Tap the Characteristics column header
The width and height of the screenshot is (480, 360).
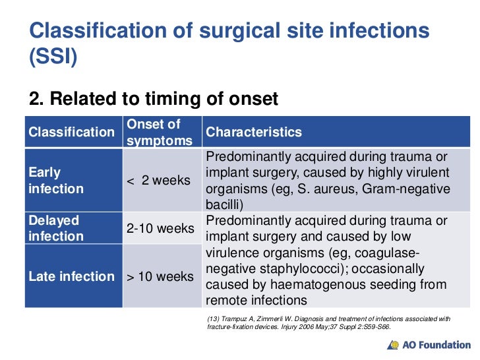[254, 132]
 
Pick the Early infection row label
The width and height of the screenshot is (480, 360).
[56, 181]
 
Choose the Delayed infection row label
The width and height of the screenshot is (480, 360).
[56, 228]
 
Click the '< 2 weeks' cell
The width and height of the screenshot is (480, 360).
[158, 181]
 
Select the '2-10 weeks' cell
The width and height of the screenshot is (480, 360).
[160, 228]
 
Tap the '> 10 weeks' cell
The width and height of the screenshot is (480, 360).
[160, 276]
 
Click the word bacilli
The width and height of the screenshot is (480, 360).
[224, 204]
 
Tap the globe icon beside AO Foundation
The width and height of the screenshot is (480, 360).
[394, 345]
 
